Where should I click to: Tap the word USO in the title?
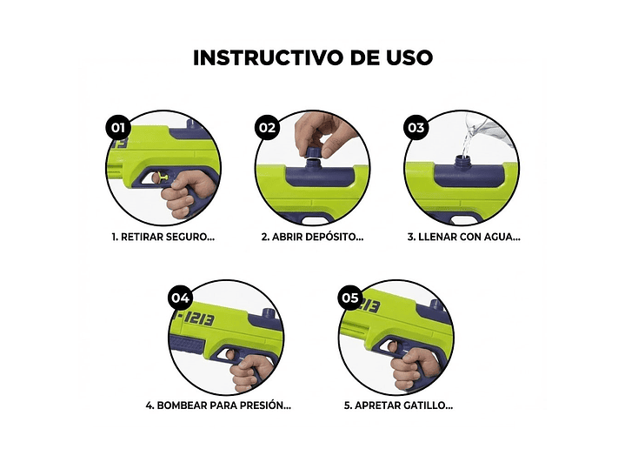tap(405, 58)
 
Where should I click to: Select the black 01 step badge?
tap(117, 127)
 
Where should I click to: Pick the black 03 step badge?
tap(416, 127)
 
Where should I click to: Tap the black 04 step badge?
tap(180, 298)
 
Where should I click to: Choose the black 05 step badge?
tap(350, 298)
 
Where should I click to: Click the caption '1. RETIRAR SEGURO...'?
tap(163, 236)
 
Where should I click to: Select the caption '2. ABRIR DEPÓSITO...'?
tap(312, 236)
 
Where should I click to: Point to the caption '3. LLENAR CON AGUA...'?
tap(462, 236)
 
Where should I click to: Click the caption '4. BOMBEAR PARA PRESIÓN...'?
tap(218, 405)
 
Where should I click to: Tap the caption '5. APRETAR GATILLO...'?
tap(397, 405)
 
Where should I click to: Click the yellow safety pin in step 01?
tap(158, 178)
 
